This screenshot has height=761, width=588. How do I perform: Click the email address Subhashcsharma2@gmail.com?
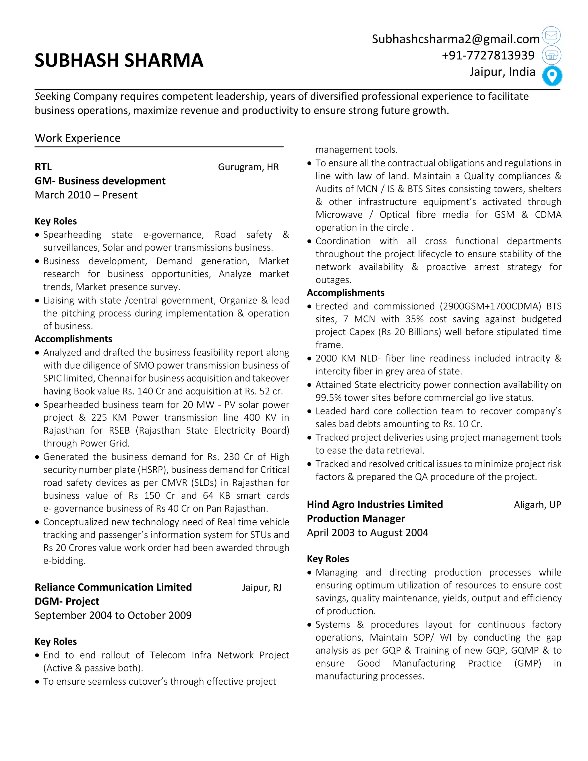[x=455, y=39]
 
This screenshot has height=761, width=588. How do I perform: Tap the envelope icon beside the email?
[x=551, y=35]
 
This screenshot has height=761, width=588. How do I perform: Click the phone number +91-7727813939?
[x=488, y=55]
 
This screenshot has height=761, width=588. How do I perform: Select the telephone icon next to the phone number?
[x=551, y=55]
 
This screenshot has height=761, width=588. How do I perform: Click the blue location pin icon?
[x=552, y=76]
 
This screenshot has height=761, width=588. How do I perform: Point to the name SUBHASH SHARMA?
[x=119, y=60]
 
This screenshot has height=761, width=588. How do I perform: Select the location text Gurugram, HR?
[x=248, y=167]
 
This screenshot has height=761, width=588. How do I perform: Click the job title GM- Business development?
[x=100, y=181]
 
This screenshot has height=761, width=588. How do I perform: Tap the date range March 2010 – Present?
[x=86, y=195]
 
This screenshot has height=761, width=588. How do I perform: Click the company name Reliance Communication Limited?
[x=113, y=587]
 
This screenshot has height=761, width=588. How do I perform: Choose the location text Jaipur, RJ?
[x=262, y=588]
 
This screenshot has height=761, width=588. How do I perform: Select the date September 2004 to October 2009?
[x=113, y=615]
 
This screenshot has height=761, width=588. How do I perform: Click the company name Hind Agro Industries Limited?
[x=375, y=505]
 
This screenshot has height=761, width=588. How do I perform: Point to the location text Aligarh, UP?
[x=537, y=505]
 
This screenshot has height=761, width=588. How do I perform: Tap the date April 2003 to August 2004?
[x=367, y=533]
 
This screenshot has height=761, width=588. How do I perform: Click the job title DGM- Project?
[x=67, y=601]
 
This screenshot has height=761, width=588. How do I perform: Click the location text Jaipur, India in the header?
[x=502, y=72]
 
